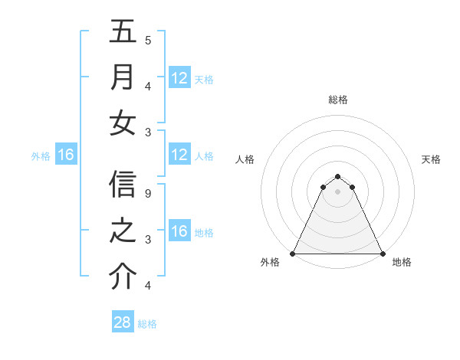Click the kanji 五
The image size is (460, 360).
pos(123,33)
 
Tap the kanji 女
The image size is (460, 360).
pos(123,123)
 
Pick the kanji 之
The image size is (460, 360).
pos(123,231)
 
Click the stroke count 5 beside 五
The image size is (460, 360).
pos(148,40)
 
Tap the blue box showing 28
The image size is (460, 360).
pos(123,322)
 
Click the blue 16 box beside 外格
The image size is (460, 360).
pos(66,155)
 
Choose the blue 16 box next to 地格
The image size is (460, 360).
pos(179,232)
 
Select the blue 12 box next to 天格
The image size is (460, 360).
pos(179,78)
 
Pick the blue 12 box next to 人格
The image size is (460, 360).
pos(179,155)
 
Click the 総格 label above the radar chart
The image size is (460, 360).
pos(337,100)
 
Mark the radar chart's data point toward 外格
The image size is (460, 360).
pos(293,254)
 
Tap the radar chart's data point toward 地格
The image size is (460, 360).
pos(382,254)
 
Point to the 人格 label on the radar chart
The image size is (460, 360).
pos(245,159)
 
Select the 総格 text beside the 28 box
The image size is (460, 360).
pos(147,323)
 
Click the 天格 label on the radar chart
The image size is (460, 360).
pos(431,159)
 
